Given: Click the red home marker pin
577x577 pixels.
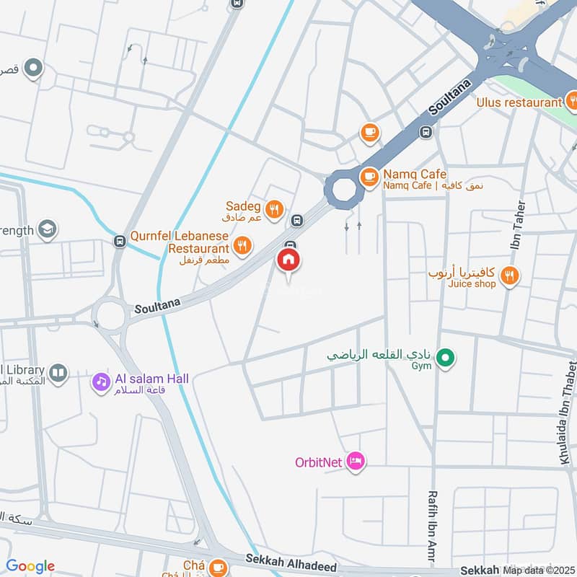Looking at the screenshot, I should (x=288, y=260).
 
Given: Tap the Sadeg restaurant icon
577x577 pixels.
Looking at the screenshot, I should (x=273, y=211).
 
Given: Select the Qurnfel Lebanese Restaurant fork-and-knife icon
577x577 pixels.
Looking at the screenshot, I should (x=243, y=245).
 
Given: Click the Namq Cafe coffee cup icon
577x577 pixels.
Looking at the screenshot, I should (x=369, y=175).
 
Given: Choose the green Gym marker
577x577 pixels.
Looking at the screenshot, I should (x=446, y=356).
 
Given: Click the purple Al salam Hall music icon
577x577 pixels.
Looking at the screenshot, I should (x=100, y=382).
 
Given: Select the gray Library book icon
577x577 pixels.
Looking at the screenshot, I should (x=58, y=373).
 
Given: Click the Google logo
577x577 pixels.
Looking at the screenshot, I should (x=30, y=566).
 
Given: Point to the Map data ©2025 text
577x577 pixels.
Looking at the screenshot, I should (x=537, y=570).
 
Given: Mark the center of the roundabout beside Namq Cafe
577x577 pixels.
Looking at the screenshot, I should (x=342, y=190).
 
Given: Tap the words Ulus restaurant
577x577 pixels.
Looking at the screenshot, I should (x=519, y=102).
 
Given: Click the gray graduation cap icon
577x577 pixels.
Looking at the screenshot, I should (x=48, y=229).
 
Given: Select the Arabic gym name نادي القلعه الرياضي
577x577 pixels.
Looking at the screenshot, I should (x=379, y=355).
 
